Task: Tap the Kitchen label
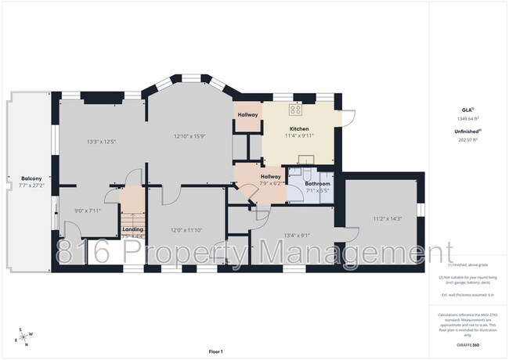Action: click(299, 128)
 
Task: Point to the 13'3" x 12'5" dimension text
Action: click(100, 142)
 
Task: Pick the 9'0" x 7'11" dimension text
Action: click(88, 210)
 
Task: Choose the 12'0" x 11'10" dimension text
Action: click(187, 229)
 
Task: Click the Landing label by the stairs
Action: click(133, 229)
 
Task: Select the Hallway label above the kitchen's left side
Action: click(247, 115)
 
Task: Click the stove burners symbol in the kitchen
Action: click(297, 110)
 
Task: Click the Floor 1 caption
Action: click(216, 351)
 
